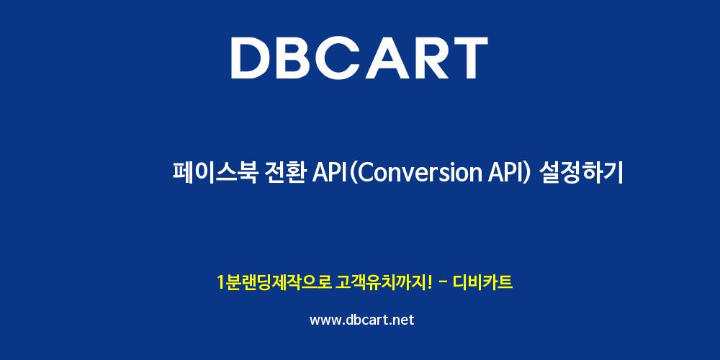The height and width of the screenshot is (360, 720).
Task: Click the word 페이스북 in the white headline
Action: (x=215, y=173)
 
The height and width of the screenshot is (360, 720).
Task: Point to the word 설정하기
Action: (x=582, y=173)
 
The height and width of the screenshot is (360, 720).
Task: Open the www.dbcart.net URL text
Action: (x=362, y=320)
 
